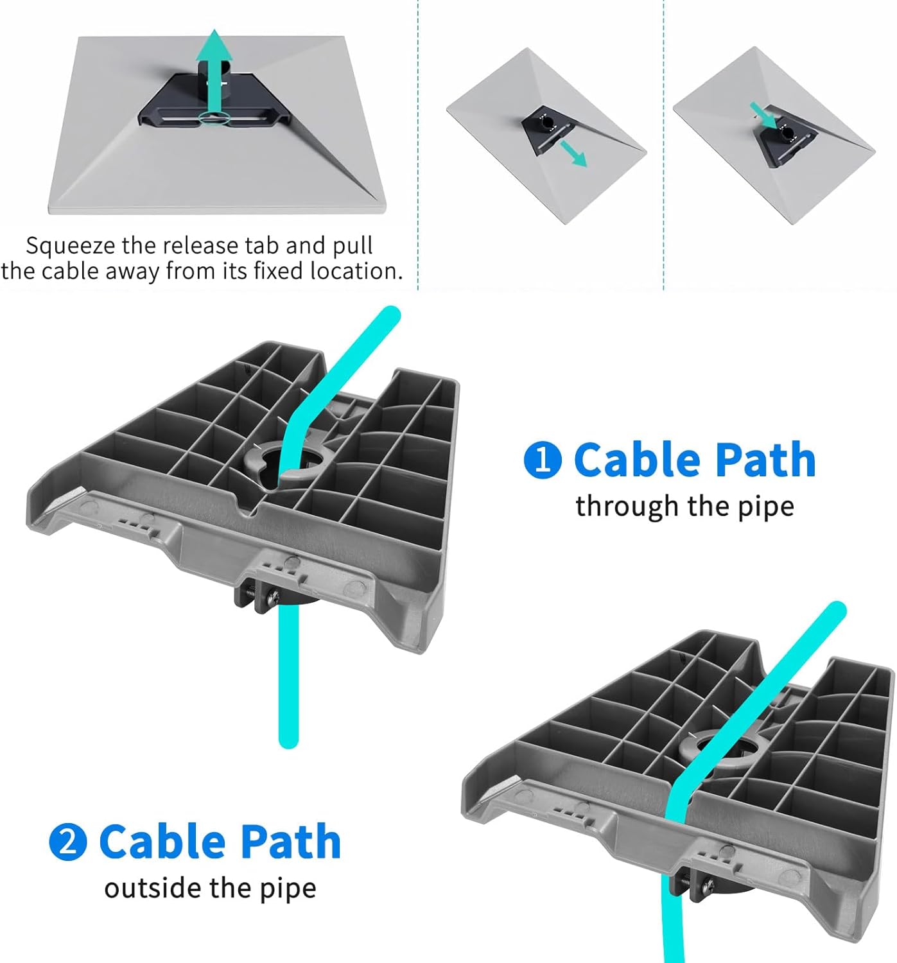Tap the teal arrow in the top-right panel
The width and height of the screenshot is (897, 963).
tap(763, 116)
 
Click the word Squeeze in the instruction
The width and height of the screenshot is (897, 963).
tap(71, 247)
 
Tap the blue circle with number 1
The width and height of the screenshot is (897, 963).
tap(543, 460)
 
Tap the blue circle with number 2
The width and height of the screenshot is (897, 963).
tap(68, 842)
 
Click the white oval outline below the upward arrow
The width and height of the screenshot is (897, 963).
tap(213, 117)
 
